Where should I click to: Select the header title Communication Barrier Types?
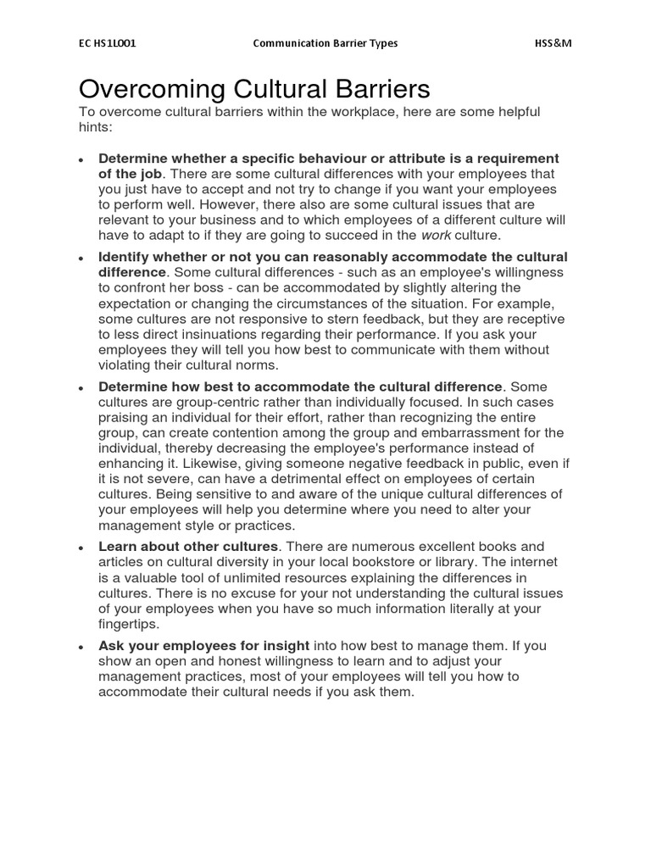[325, 43]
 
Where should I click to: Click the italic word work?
[436, 235]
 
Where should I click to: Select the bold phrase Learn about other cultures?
[188, 547]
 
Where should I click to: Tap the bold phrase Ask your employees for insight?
[203, 646]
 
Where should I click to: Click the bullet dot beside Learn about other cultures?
[80, 548]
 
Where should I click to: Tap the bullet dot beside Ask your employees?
[80, 648]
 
